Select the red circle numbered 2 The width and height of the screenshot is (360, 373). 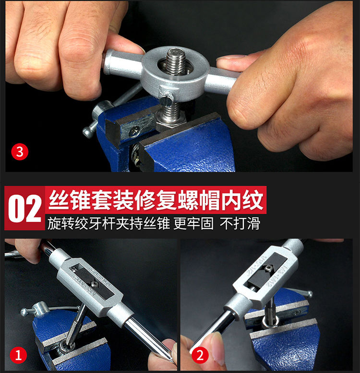pos(200,356)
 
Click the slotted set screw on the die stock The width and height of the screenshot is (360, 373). pos(166,99)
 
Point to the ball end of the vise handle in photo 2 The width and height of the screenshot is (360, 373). pos(311,294)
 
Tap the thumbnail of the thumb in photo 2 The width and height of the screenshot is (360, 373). pos(214,341)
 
